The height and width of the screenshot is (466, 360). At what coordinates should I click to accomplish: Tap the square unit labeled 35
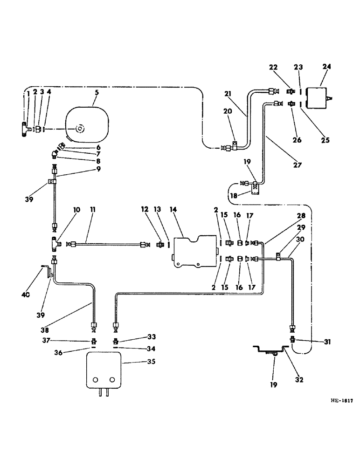[104, 370]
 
